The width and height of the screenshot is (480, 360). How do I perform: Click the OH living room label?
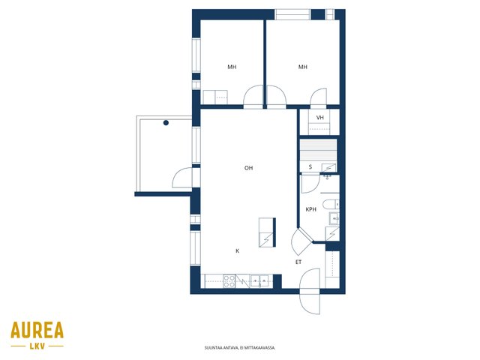pos(248,168)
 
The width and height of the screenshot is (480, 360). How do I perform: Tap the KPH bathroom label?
pos(310,209)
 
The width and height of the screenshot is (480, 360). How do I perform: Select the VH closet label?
pos(320,118)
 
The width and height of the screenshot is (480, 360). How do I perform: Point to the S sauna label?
pos(310,166)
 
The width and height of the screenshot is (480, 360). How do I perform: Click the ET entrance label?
pos(298,262)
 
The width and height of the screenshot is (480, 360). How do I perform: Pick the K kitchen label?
pos(237,251)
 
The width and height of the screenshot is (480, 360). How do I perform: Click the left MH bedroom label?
pos(232,67)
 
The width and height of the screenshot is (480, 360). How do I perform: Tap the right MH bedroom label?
pos(303,67)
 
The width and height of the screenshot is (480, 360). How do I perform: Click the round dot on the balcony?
pos(166,123)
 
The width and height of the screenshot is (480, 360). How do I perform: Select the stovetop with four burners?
pos(229,281)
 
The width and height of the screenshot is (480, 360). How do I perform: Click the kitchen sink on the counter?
pos(259,281)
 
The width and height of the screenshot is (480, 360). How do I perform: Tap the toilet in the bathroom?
pos(331,204)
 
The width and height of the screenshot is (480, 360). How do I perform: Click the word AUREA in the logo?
pos(37,330)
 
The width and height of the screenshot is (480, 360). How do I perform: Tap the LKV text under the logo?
pos(37,346)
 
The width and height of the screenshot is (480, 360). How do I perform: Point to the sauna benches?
pos(318,150)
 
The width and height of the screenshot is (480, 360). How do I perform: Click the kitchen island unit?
pos(267,232)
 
